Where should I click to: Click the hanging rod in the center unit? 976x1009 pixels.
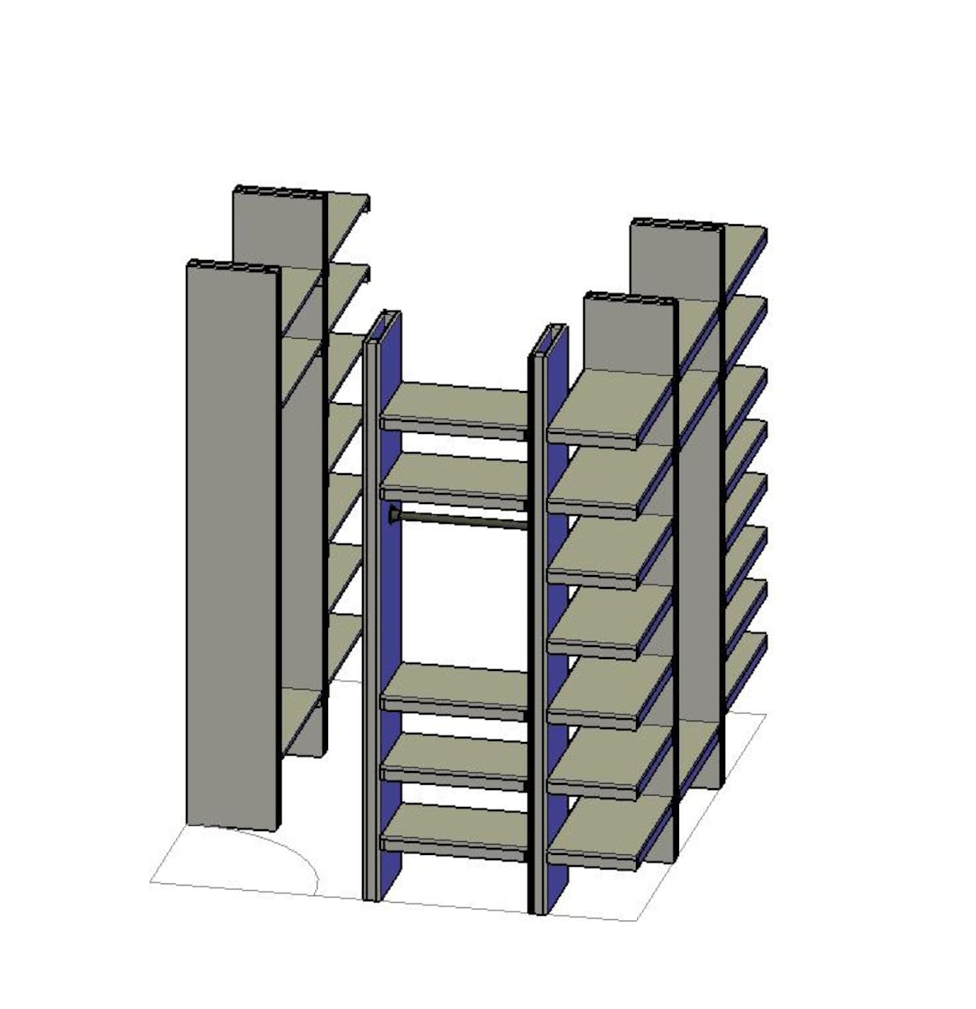click(x=462, y=518)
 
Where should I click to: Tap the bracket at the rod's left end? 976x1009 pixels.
click(x=393, y=513)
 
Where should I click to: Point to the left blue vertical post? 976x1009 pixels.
click(x=390, y=599)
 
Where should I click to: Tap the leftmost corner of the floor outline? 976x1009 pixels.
click(x=152, y=881)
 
